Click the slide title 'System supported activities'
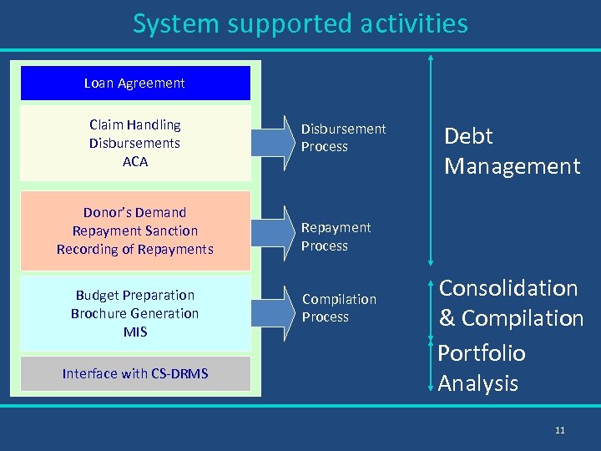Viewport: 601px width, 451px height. click(x=300, y=23)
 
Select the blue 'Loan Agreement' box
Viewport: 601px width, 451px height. click(x=135, y=83)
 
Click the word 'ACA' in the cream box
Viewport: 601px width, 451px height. click(x=135, y=161)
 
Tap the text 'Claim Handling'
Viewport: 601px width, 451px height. click(x=135, y=124)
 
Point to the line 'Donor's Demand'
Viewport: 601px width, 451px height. click(x=135, y=212)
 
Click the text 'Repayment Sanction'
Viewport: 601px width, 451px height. click(x=135, y=231)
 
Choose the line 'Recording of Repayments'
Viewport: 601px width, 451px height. click(x=135, y=249)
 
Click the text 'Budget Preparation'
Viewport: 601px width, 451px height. click(x=135, y=295)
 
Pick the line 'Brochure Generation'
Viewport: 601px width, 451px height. click(x=135, y=313)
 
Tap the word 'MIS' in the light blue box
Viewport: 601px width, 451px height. click(x=135, y=332)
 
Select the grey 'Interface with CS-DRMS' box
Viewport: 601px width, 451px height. click(x=135, y=373)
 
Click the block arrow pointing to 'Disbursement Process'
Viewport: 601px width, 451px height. click(x=274, y=139)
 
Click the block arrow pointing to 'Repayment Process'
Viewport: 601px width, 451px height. click(x=274, y=236)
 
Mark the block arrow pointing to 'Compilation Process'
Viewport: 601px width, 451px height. click(x=274, y=308)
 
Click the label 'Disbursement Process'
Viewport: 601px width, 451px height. click(x=343, y=138)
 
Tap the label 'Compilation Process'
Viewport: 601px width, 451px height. click(x=339, y=308)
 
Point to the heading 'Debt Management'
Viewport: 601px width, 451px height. click(x=511, y=151)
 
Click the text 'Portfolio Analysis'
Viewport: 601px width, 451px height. click(x=482, y=368)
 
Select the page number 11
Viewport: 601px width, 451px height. click(x=559, y=430)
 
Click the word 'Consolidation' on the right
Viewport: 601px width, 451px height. click(x=508, y=288)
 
